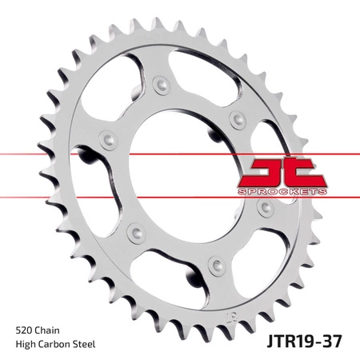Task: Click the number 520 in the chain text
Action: click(x=23, y=330)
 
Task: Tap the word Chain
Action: click(x=46, y=330)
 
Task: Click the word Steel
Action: click(x=84, y=344)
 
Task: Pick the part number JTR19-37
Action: click(x=304, y=341)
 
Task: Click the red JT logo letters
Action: click(x=282, y=173)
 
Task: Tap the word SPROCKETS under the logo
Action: click(x=282, y=191)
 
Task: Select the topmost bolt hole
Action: click(x=162, y=85)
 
